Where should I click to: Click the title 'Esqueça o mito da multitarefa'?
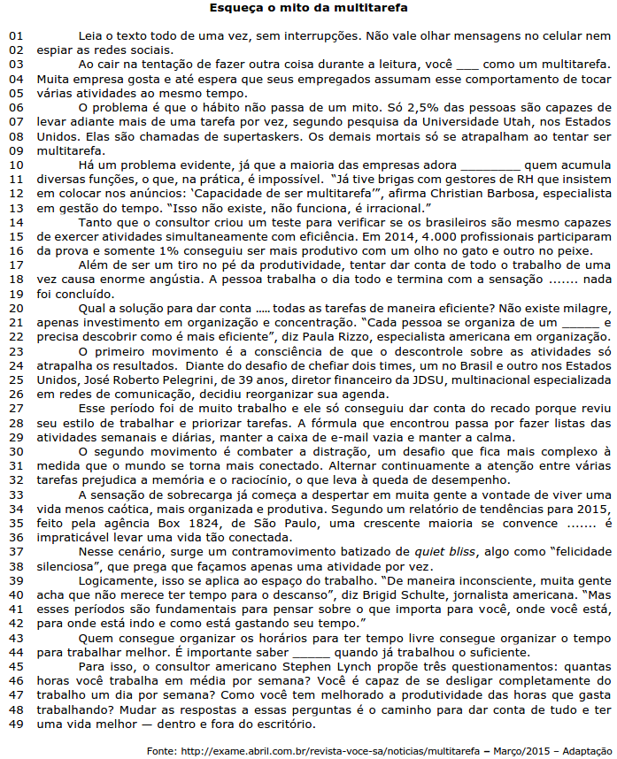coord(309,8)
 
